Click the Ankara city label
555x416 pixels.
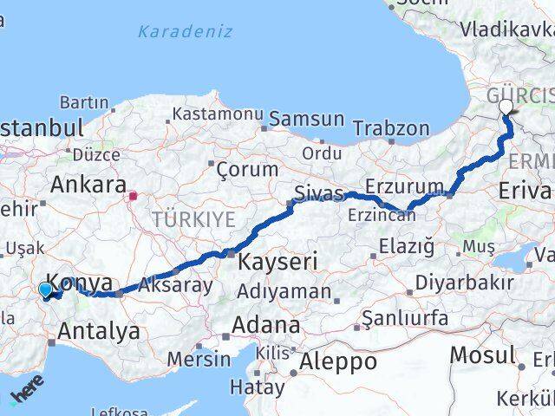click(88, 184)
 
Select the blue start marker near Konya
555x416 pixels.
click(46, 289)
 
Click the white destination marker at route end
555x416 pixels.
click(506, 107)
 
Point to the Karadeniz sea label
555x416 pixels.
click(185, 32)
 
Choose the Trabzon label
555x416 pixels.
click(391, 128)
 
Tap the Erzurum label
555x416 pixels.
click(404, 186)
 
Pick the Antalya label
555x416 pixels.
click(99, 330)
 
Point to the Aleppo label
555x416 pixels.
click(337, 361)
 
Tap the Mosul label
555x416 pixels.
click(483, 354)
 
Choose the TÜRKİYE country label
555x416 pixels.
click(193, 219)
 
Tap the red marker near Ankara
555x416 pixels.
click(133, 196)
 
